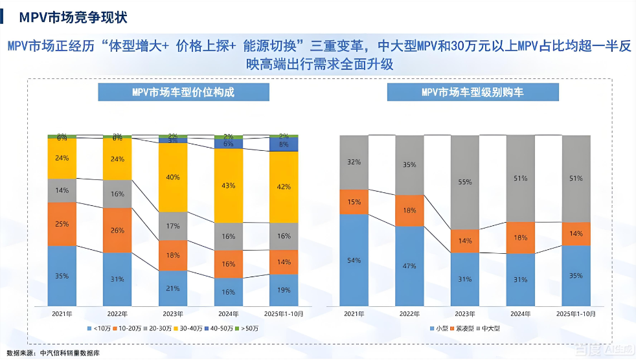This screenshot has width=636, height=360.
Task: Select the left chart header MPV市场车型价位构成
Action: [183, 92]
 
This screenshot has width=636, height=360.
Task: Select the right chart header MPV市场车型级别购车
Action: [472, 92]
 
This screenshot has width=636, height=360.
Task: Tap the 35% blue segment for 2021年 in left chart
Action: [62, 276]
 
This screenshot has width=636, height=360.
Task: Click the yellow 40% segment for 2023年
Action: [173, 177]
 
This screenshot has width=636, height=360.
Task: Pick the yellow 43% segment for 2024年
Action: [229, 185]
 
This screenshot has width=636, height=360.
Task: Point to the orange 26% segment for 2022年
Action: [117, 230]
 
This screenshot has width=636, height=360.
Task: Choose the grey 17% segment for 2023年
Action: [173, 227]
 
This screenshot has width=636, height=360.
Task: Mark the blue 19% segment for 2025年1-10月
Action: [284, 289]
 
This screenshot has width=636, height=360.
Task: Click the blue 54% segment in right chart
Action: [354, 260]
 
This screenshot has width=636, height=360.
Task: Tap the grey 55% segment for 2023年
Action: [465, 183]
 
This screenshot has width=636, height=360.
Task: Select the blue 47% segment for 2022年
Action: [409, 265]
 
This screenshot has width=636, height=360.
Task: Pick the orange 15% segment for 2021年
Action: [354, 202]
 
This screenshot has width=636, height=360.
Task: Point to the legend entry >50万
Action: [249, 329]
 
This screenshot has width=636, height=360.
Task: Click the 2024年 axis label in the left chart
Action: [229, 314]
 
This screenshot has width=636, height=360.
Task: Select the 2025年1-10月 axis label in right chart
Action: [576, 314]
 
